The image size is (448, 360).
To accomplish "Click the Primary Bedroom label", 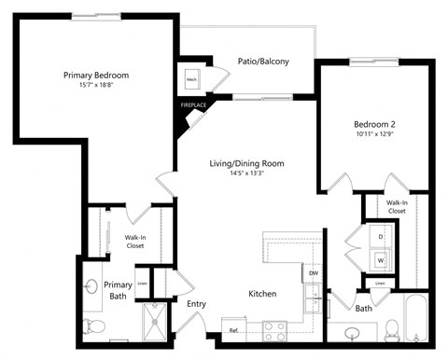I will (x=96, y=76).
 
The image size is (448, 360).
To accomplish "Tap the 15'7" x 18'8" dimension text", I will (x=96, y=86).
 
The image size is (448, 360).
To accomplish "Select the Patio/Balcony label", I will (x=262, y=62).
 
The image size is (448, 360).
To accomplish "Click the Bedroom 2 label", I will (x=376, y=123).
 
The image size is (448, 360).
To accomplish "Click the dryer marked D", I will (x=381, y=237).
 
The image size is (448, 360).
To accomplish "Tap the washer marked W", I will (x=381, y=258).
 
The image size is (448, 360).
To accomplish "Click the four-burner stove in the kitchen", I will (x=275, y=328).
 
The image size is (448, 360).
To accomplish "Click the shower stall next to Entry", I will (x=154, y=322).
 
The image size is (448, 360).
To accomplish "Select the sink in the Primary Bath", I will (x=93, y=286).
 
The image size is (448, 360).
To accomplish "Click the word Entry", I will (x=197, y=304).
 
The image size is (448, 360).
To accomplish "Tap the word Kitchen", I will (x=262, y=294).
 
